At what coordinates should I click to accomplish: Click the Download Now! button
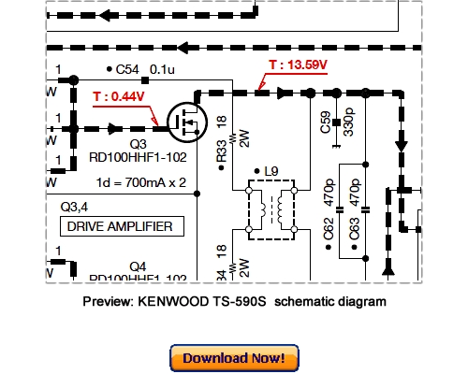tap(234, 358)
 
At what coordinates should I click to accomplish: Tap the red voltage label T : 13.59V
tap(300, 65)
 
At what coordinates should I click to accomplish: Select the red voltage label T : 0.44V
tap(118, 96)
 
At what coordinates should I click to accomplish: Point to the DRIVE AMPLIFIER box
tap(122, 226)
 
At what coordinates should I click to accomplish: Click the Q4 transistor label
tap(138, 265)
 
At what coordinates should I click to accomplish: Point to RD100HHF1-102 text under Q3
tap(139, 158)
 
